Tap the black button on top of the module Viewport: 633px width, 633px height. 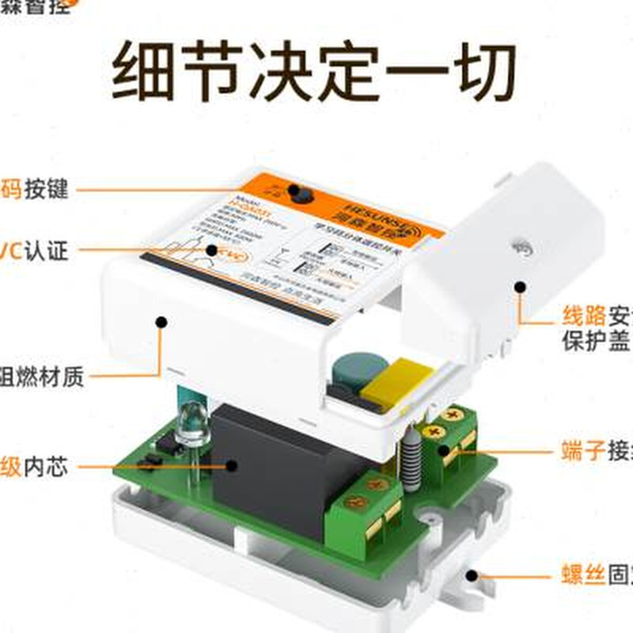tap(297, 191)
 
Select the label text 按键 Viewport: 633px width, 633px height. tap(46, 190)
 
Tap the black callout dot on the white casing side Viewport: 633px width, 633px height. tap(161, 322)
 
